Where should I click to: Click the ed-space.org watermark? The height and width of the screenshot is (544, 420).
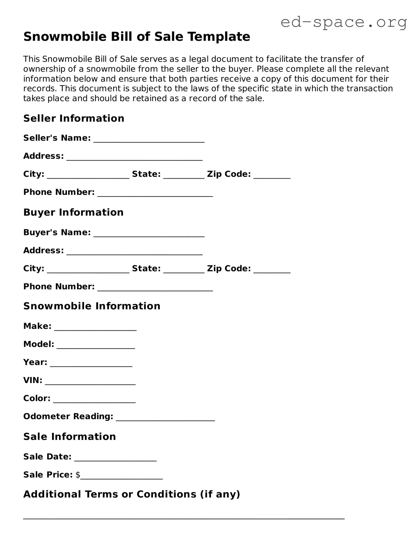point(344,22)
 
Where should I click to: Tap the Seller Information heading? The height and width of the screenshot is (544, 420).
point(74,118)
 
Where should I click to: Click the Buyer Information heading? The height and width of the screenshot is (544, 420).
point(73,212)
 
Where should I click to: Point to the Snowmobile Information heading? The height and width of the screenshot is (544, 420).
point(92,306)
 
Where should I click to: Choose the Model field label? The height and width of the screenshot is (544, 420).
point(39,344)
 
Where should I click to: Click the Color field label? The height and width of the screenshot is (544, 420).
point(37,398)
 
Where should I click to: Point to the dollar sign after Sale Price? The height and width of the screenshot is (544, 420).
point(78,475)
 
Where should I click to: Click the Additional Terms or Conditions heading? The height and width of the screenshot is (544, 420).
point(131,494)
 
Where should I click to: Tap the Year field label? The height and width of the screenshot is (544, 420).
point(35,362)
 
